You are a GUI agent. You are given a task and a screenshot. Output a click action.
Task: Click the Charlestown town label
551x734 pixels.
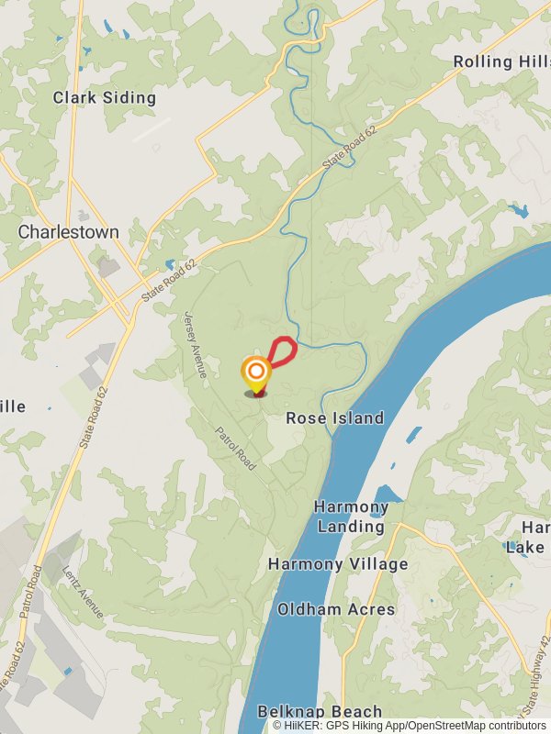(69, 232)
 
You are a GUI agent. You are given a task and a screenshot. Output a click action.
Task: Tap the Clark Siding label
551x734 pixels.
(105, 97)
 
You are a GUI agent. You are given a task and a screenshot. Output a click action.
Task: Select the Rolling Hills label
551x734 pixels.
(501, 61)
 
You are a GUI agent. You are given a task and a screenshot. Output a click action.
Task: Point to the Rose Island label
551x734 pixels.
(334, 417)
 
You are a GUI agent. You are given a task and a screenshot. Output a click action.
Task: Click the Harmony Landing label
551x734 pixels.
(352, 517)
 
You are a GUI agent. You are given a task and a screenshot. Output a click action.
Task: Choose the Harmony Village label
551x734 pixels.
(338, 563)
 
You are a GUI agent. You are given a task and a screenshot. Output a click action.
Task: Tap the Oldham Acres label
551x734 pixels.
(336, 608)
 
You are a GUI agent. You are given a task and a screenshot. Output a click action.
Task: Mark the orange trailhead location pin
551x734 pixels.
(256, 373)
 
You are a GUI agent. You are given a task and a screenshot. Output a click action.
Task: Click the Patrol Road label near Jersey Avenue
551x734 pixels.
(235, 450)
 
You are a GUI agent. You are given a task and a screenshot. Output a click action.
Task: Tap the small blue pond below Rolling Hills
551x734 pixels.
(520, 212)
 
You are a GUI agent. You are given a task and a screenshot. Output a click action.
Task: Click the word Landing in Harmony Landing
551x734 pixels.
(352, 527)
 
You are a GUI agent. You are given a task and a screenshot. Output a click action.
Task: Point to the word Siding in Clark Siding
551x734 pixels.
(130, 97)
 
